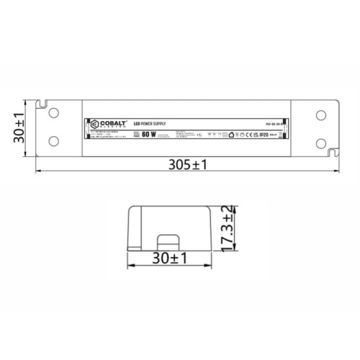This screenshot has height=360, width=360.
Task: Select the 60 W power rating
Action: point(149,133)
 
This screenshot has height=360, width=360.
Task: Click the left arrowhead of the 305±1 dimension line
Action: point(37,171)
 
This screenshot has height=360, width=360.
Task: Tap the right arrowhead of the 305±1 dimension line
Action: point(338,171)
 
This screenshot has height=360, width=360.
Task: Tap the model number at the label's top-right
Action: point(269,122)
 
